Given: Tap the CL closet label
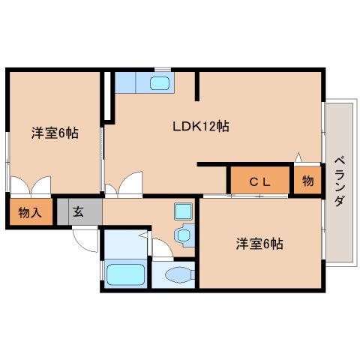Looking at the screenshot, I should pos(259,181).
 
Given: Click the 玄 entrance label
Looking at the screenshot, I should pos(78,211).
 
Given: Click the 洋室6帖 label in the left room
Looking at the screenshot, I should pos(55,133).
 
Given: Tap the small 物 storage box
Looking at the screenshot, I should pos(307,181).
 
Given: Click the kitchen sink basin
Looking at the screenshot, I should pos(160,82).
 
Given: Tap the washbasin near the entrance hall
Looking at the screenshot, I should pos(183,235).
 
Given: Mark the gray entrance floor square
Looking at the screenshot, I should pos(78,212).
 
